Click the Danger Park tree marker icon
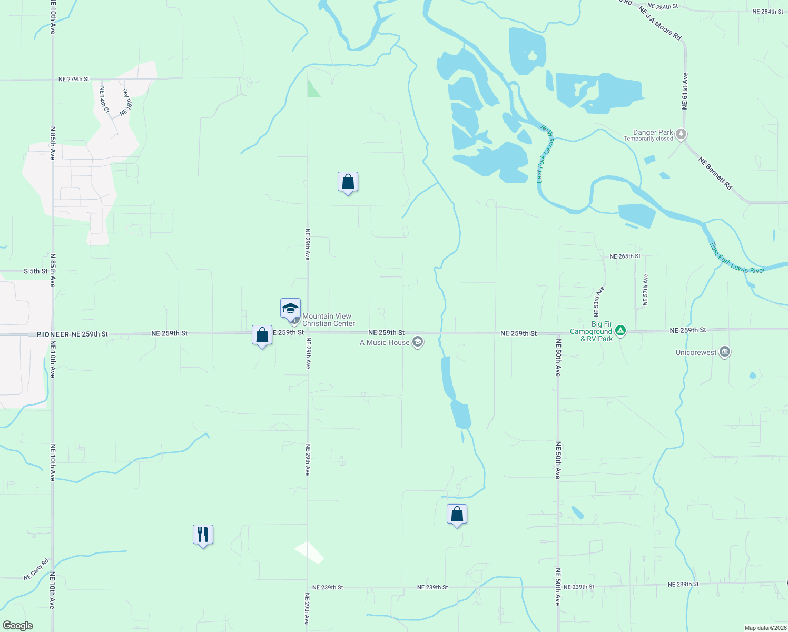point(681,134)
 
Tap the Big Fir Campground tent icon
point(621,331)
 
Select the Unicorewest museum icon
point(725,352)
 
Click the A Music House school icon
point(418,342)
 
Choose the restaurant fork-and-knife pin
point(203,535)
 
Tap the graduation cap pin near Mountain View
point(290,308)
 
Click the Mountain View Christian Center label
point(328,320)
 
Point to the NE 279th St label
point(74,79)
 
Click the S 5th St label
point(36,271)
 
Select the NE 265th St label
point(625,256)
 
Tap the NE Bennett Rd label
point(715,173)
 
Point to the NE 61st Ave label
point(685,91)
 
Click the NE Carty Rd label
point(37,570)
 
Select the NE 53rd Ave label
point(599,301)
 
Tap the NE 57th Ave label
point(646,290)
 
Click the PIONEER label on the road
point(53,334)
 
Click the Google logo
point(18,626)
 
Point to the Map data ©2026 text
point(765,628)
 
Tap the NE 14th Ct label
point(104,100)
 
